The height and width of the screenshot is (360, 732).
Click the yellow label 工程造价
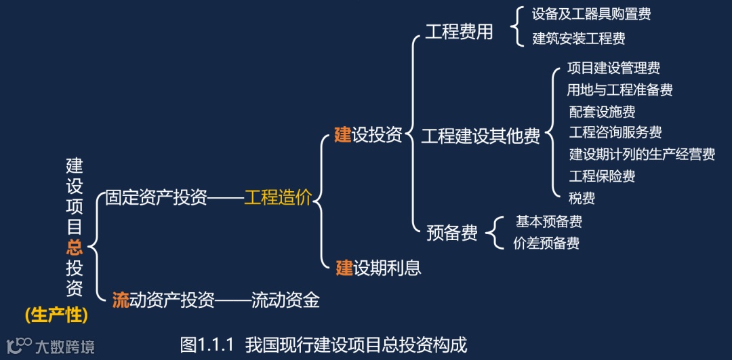click(x=278, y=198)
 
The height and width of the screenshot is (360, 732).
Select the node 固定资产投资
click(x=157, y=198)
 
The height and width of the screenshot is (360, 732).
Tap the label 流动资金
click(x=285, y=300)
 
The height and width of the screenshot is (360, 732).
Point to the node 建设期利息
click(x=379, y=268)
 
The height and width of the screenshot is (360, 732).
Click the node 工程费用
click(x=459, y=33)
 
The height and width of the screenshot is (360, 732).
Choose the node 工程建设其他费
click(x=481, y=136)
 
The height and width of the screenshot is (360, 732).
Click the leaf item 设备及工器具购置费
click(x=592, y=14)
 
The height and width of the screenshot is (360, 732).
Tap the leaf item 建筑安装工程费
click(x=579, y=39)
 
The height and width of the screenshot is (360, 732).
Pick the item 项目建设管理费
click(x=613, y=68)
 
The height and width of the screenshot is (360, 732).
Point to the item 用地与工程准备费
click(x=619, y=89)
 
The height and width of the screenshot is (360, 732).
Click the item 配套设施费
click(x=602, y=111)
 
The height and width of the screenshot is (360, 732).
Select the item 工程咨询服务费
click(x=615, y=132)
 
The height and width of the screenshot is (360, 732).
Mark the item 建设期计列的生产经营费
click(x=642, y=155)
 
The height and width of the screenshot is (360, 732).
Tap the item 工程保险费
click(x=602, y=176)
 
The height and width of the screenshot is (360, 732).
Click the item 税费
click(x=582, y=198)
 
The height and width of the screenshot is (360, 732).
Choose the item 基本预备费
click(x=549, y=222)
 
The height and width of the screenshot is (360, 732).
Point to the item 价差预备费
click(x=546, y=243)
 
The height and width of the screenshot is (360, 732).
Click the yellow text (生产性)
click(x=56, y=315)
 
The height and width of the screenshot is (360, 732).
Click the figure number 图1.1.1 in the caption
click(x=207, y=344)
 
